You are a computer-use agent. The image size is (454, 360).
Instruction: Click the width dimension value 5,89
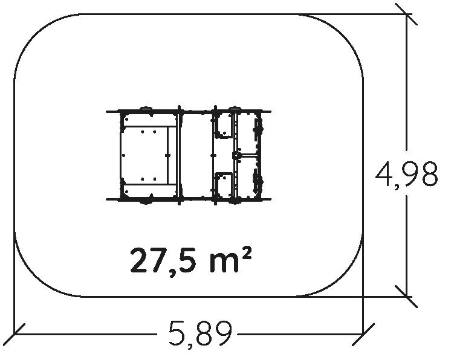click(x=200, y=334)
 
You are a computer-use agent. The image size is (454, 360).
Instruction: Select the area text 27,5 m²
click(x=190, y=260)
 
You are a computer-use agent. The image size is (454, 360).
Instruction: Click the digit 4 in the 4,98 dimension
click(x=386, y=173)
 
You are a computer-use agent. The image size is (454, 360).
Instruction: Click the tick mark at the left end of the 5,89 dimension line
click(x=15, y=334)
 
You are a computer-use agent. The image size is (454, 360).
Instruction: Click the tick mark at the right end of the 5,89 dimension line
click(x=363, y=334)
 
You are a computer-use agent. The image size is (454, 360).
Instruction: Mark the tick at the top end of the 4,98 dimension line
click(x=406, y=14)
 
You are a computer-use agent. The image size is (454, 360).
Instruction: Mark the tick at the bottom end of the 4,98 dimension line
click(x=406, y=297)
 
